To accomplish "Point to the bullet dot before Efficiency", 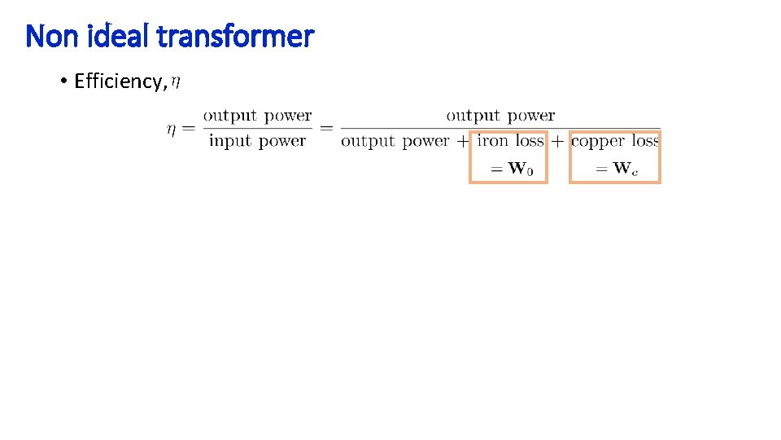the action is pos(63,81).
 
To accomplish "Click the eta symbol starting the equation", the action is pos(171,129).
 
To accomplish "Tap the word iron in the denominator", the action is pos(493,141).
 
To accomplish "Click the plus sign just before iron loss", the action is pos(463,141).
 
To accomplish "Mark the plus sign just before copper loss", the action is pos(557,141).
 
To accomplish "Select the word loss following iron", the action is pos(530,141).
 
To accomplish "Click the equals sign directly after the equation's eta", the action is pos(189,129).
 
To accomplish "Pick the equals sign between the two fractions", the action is pos(327,129).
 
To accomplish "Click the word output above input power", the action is pos(229,117).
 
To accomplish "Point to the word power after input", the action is pos(281,141).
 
